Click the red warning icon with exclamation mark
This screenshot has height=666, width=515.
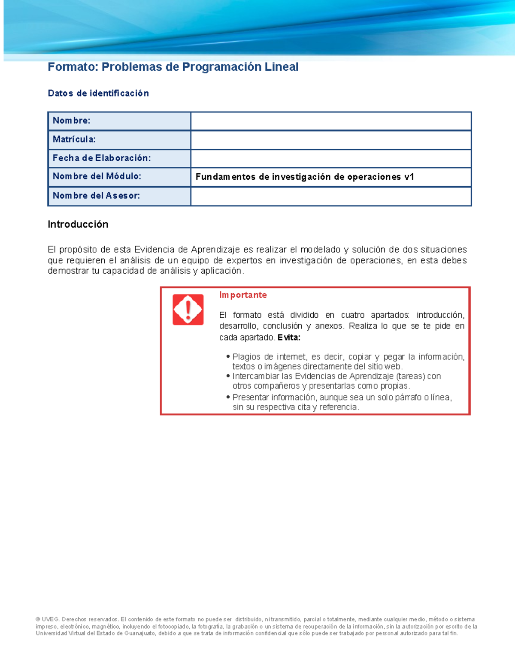coord(188,310)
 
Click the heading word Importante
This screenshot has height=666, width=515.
coord(243,295)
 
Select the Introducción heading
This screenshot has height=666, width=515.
coord(78,224)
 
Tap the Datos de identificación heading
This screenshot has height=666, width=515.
coord(98,93)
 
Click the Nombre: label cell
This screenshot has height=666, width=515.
coord(119,121)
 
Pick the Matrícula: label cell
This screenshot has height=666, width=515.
coord(119,139)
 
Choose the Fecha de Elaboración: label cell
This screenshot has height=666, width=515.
coord(119,158)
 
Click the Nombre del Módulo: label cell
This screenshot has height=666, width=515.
coord(119,176)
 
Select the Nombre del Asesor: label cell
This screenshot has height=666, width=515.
coord(119,196)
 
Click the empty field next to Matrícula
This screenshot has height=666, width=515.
coord(330,140)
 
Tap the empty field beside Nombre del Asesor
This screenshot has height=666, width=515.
coord(330,196)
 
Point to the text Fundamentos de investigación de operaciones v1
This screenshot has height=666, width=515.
coord(305,177)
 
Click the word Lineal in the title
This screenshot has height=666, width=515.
coord(282,67)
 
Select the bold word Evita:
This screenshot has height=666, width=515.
coord(289,338)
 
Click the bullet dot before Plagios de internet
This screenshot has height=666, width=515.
coord(228,356)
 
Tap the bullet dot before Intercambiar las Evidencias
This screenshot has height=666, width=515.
coord(228,376)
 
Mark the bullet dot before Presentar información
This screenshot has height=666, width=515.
coord(228,397)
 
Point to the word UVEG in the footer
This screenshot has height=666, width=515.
coord(51,619)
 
